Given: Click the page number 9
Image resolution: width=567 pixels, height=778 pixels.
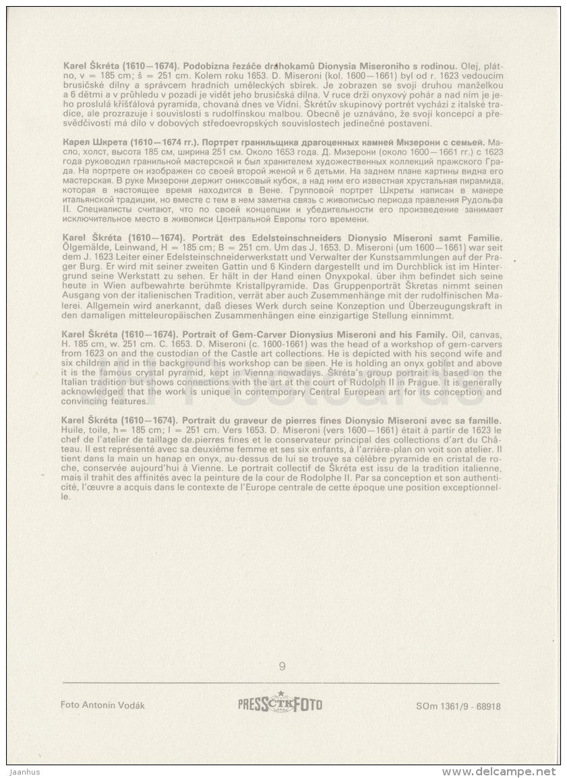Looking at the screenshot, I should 282,667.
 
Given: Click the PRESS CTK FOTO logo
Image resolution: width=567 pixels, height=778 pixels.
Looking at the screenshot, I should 280,705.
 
